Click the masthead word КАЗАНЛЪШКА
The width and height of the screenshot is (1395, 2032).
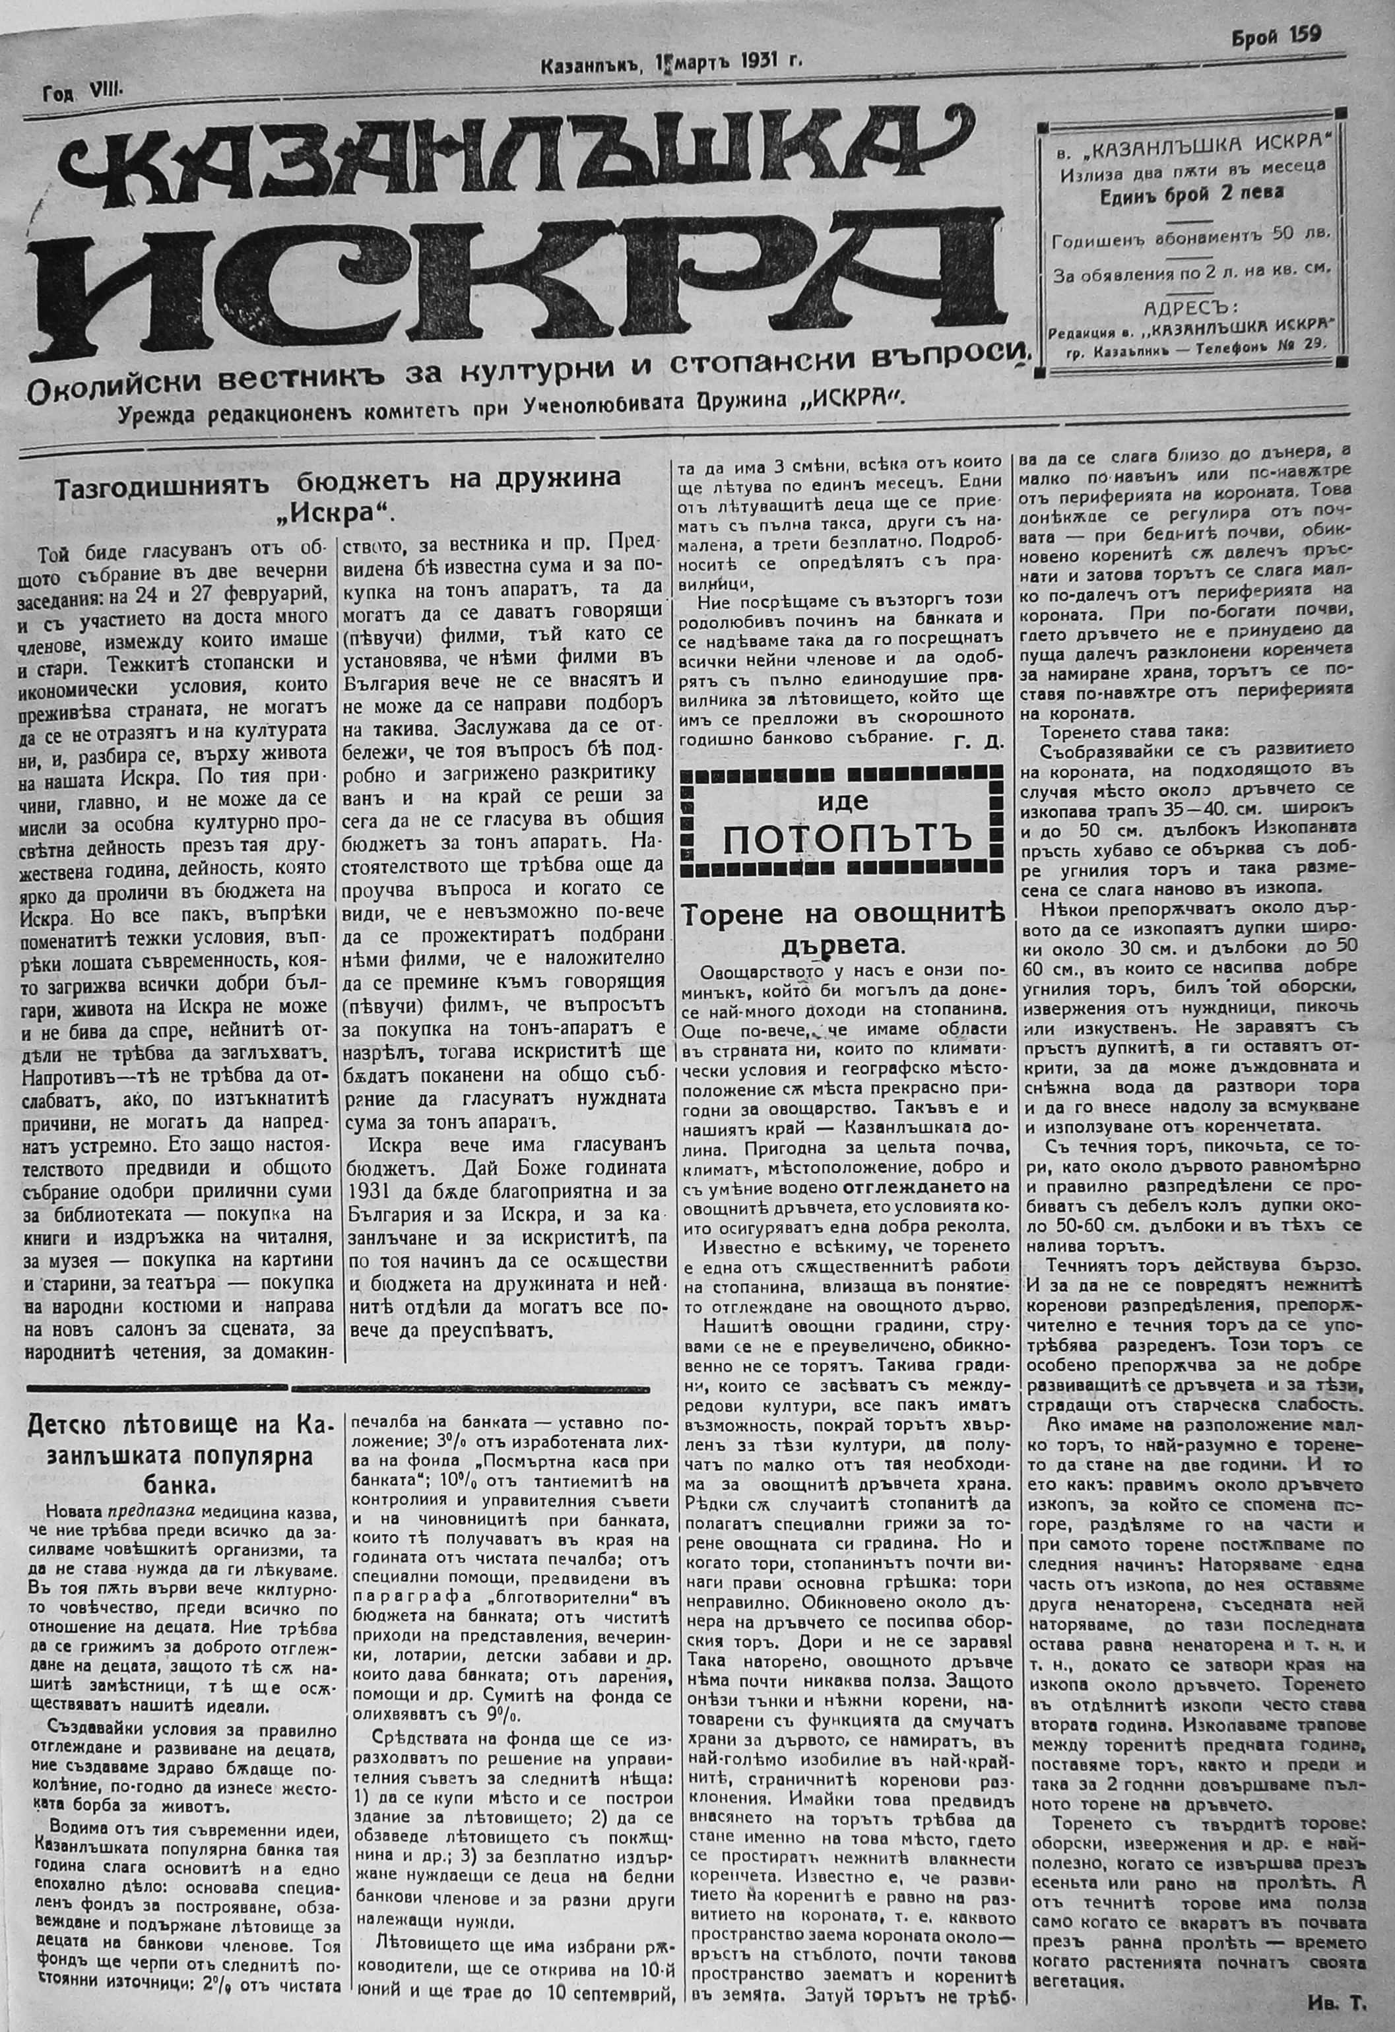tap(490, 153)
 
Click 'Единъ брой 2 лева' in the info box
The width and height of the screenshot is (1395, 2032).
tap(1192, 193)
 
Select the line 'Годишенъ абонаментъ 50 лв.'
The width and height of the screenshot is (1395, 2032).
tap(1192, 236)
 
